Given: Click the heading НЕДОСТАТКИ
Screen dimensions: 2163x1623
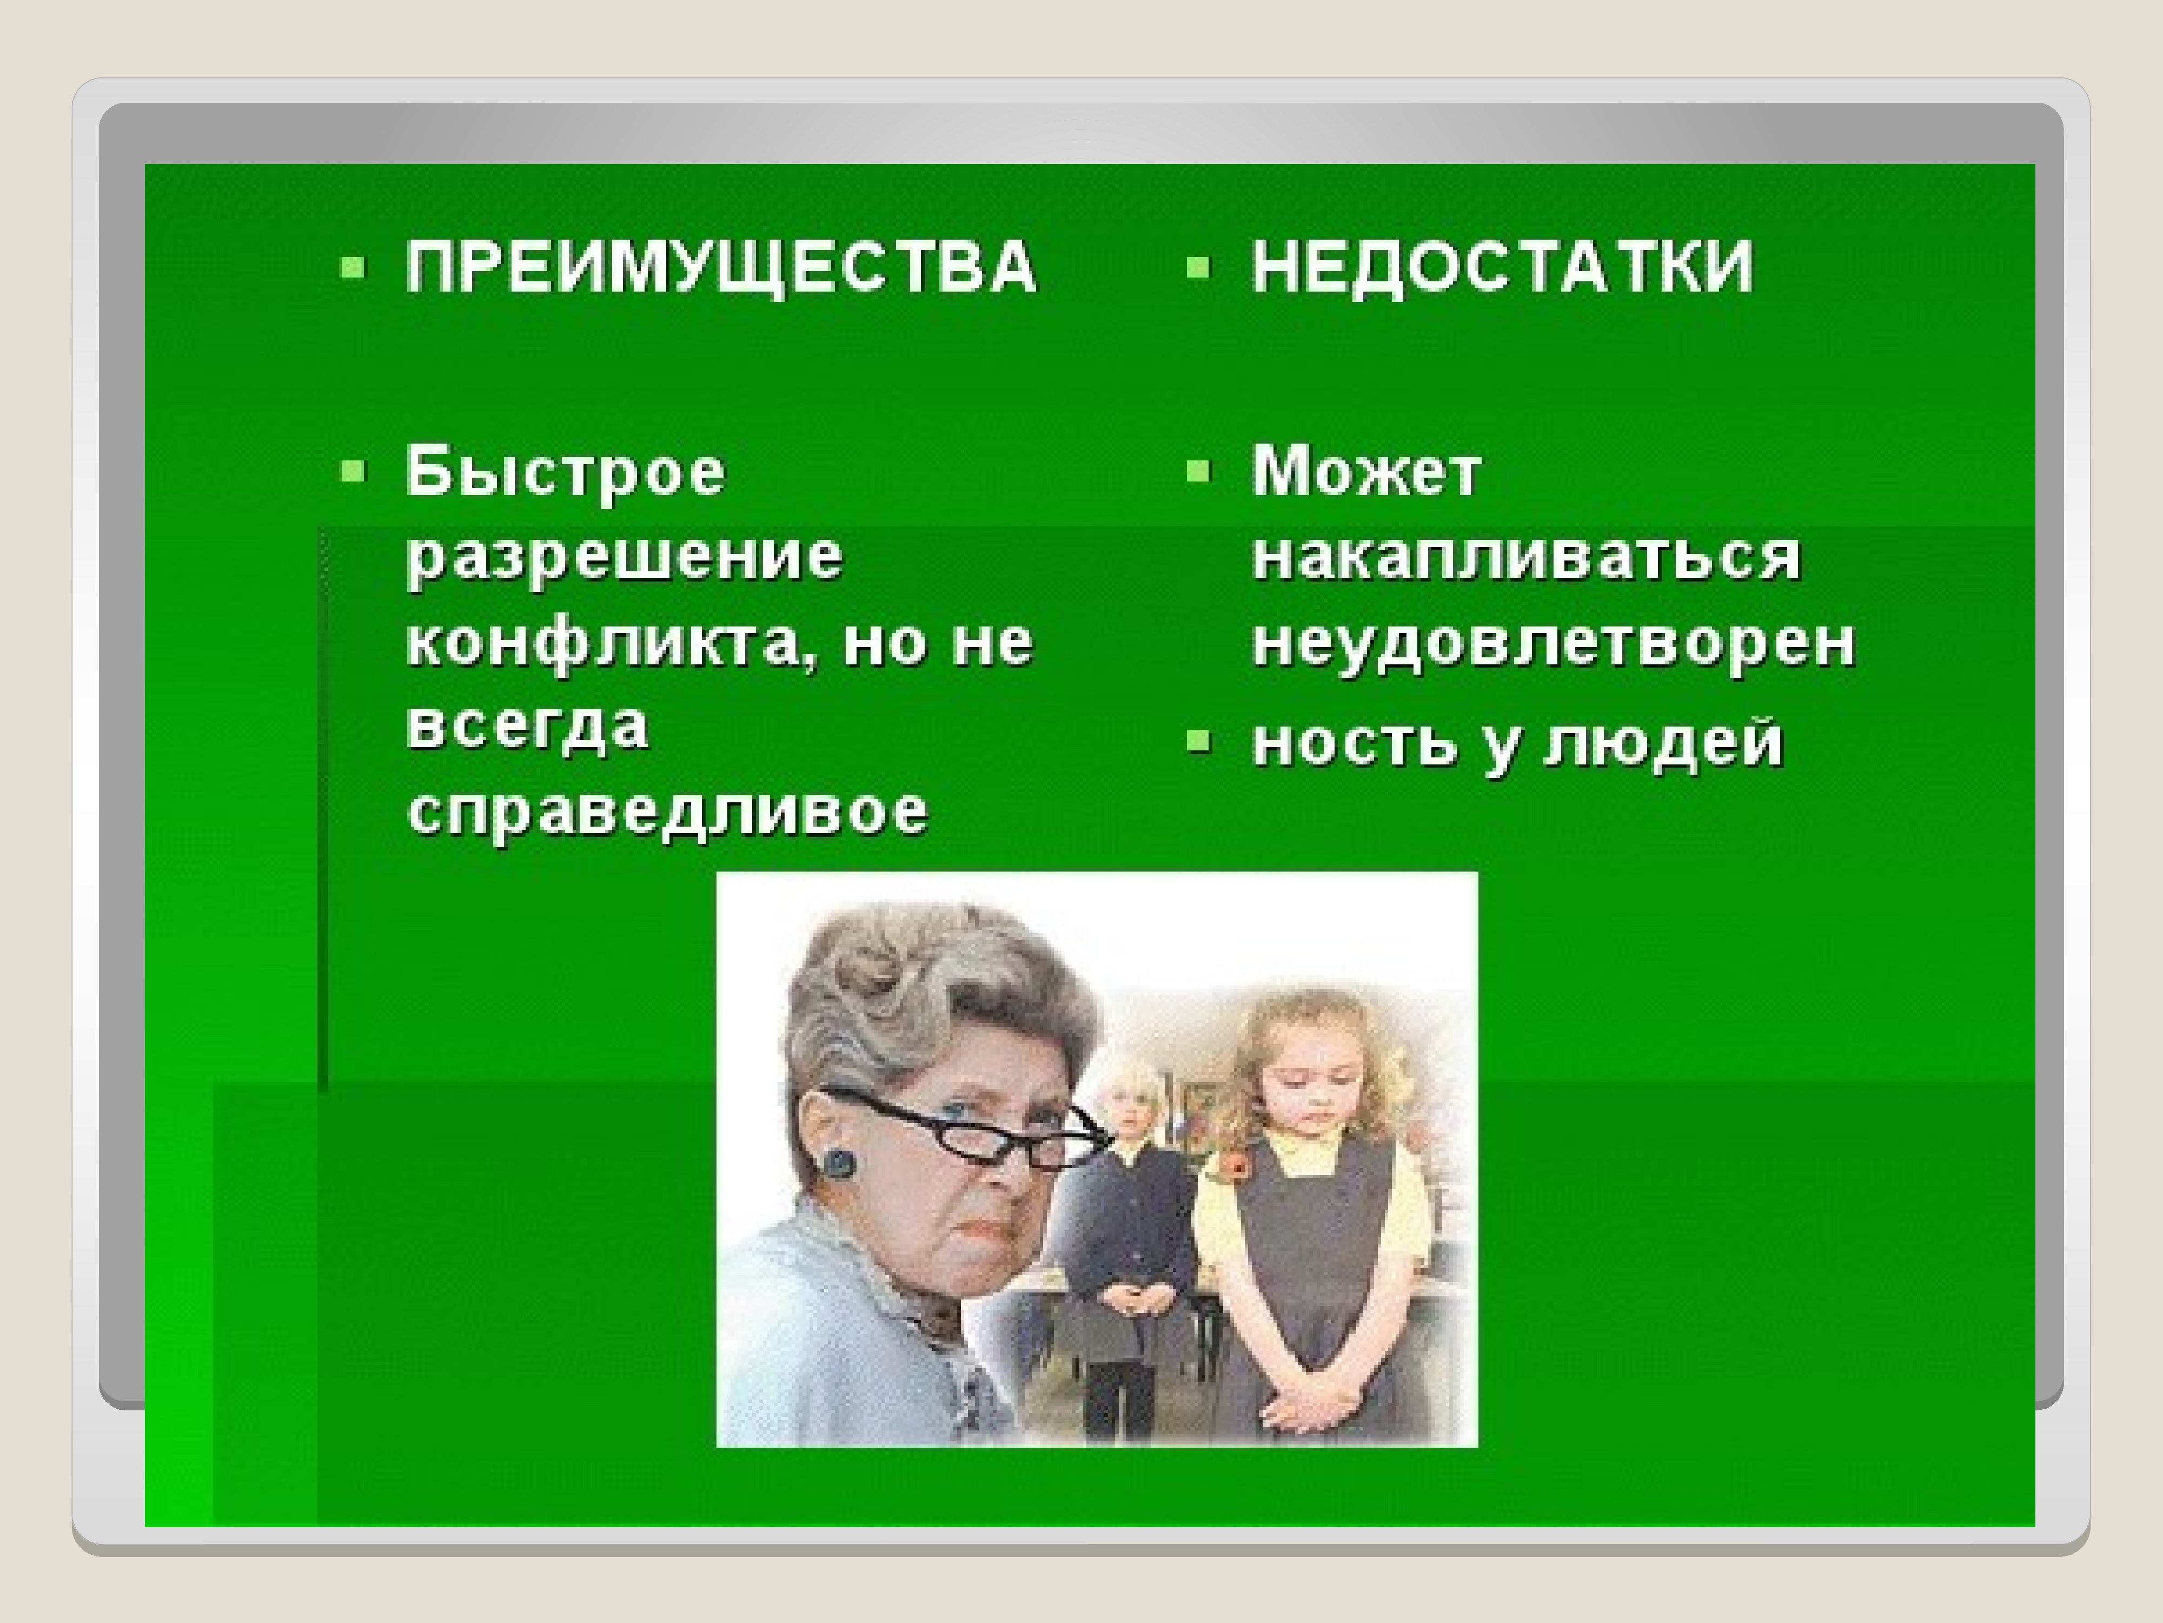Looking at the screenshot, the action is click(x=1503, y=266).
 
